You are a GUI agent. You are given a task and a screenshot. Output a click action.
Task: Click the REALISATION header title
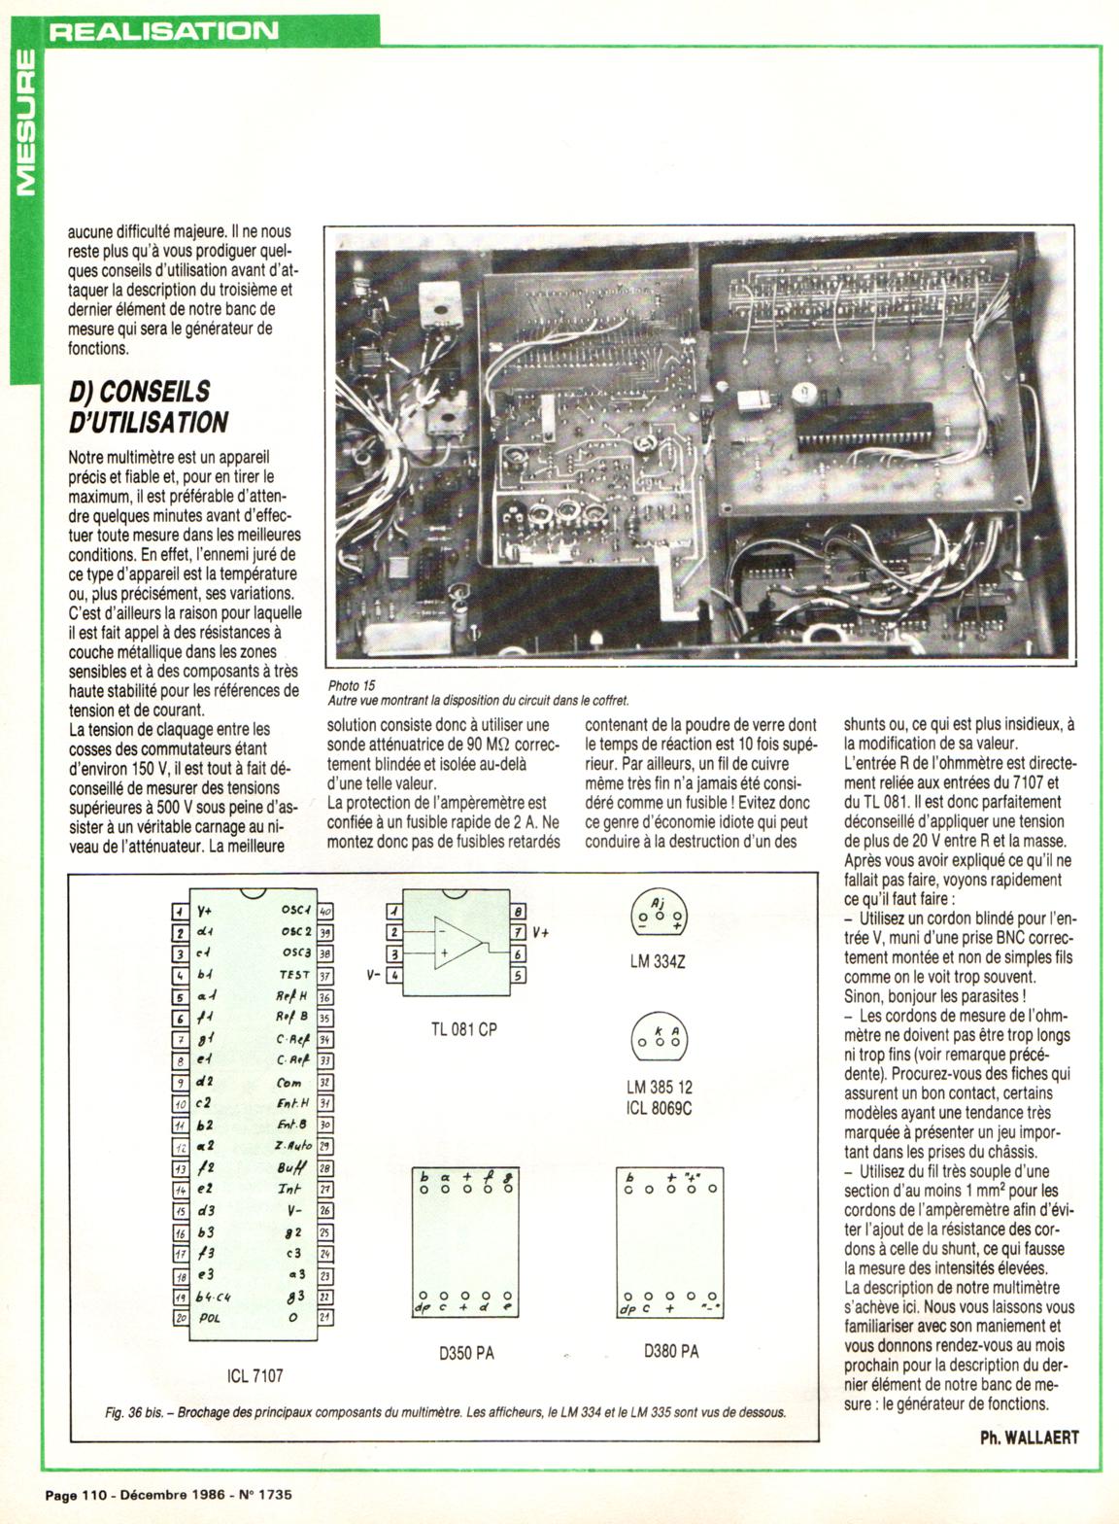click(163, 30)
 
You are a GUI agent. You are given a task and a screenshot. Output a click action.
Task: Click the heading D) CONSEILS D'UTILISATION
click(149, 406)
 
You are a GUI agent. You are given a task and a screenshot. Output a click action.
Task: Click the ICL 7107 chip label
click(251, 1375)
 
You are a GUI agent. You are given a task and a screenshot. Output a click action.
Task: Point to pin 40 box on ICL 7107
click(326, 911)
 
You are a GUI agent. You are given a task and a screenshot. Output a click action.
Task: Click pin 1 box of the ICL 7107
click(179, 911)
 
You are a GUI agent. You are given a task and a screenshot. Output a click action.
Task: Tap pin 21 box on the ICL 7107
click(326, 1317)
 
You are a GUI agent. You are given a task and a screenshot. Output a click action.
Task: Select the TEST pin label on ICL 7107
click(293, 975)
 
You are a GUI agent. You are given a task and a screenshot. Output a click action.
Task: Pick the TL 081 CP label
click(463, 1029)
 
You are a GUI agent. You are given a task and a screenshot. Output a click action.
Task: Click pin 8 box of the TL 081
click(519, 912)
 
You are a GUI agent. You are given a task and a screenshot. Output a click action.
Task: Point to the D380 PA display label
click(671, 1350)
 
